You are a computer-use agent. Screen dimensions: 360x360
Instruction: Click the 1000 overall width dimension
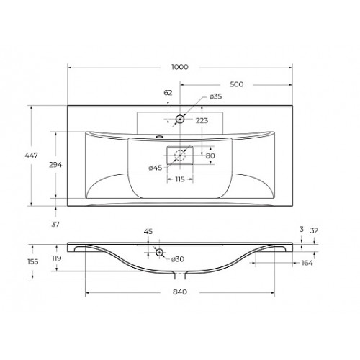(180, 67)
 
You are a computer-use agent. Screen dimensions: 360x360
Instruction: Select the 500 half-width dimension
(237, 84)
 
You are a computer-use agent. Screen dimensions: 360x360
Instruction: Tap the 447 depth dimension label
(31, 156)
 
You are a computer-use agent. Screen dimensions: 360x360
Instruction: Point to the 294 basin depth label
(55, 165)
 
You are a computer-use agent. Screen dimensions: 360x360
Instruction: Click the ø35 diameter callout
(215, 96)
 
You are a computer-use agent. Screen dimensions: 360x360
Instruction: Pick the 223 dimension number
(202, 120)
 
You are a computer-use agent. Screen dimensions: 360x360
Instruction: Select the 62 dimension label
(168, 93)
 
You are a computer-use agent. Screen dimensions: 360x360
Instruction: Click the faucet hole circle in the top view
(180, 119)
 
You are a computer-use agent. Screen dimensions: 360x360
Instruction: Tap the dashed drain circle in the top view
(180, 156)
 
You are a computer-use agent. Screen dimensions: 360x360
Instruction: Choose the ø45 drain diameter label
(156, 168)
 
